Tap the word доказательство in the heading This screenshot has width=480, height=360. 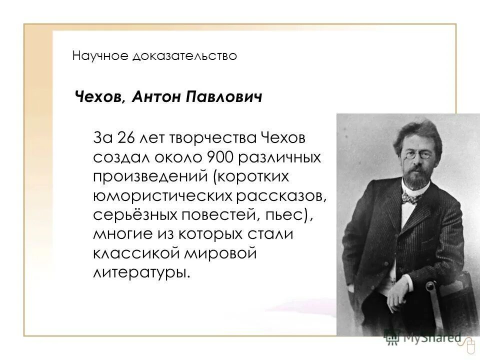pyautogui.click(x=184, y=55)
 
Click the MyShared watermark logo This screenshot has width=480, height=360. pyautogui.click(x=422, y=338)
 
